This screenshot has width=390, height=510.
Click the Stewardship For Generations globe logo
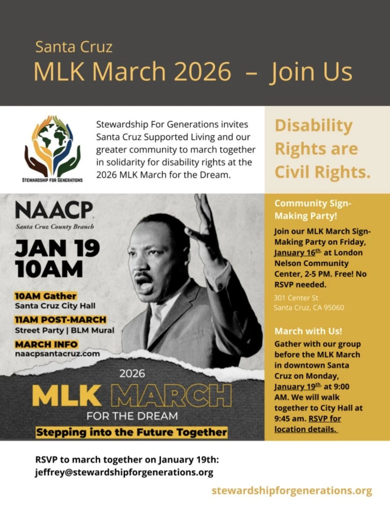53,147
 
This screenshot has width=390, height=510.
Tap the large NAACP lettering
54,210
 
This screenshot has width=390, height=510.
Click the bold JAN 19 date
58,249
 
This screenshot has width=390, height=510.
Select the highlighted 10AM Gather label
46,296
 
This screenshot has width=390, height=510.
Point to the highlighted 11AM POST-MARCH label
61,320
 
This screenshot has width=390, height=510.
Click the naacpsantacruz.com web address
58,354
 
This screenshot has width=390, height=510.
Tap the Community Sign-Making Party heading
313,209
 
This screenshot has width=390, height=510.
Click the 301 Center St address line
296,298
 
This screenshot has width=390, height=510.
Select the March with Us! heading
308,331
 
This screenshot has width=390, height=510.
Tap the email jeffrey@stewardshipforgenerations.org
124,472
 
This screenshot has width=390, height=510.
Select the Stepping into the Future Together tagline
131,432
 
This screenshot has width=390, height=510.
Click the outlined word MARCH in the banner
171,396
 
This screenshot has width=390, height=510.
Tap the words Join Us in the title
311,71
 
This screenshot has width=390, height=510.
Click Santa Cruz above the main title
74,47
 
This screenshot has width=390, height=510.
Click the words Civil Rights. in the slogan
323,172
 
